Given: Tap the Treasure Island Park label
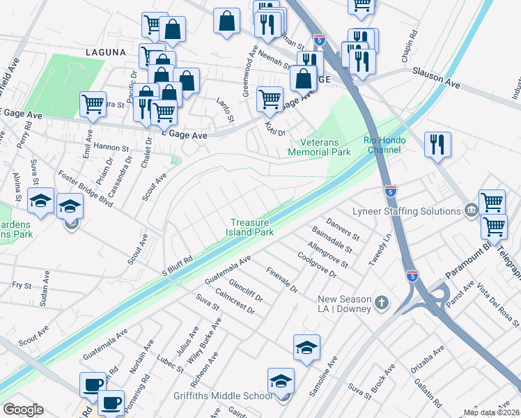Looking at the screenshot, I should (x=252, y=228).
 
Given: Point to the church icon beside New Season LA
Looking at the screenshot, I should (x=380, y=302).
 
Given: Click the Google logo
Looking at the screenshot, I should (x=23, y=409).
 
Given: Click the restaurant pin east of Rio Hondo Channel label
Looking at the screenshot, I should (x=437, y=145).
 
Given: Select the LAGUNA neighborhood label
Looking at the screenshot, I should (x=105, y=52).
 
